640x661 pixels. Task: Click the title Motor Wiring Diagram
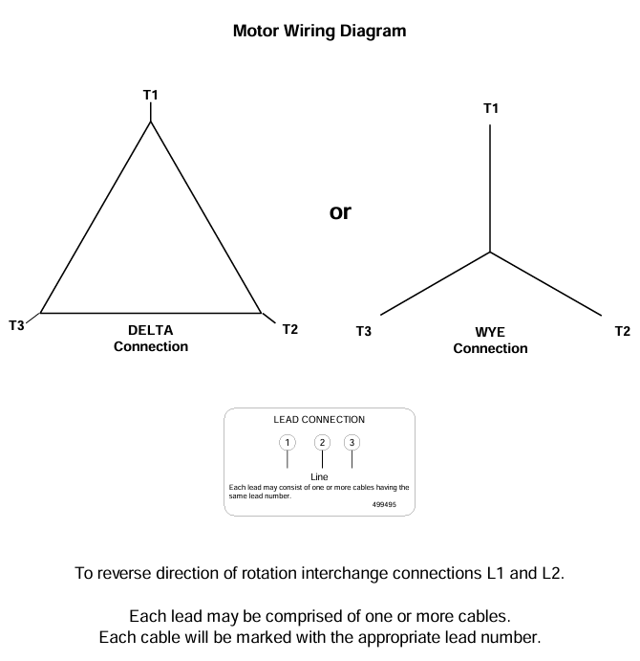pos(319,31)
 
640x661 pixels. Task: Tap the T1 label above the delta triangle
pos(150,95)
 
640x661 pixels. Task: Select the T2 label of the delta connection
pos(290,330)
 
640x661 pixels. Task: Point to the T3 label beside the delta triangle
pos(16,325)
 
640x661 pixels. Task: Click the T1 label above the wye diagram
pos(491,108)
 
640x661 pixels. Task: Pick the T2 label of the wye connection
pos(623,332)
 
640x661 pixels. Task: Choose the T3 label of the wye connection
pos(363,332)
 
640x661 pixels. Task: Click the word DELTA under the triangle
pos(151,330)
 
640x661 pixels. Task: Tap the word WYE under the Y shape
pos(490,332)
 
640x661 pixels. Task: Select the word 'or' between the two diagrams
pos(340,212)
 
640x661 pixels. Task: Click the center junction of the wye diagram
pos(490,253)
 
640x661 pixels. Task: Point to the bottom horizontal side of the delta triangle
pos(151,313)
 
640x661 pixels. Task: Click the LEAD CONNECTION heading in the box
pos(319,419)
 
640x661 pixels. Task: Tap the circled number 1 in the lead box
pos(287,442)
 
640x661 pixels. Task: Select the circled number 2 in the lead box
pos(322,442)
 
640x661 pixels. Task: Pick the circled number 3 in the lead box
pos(352,442)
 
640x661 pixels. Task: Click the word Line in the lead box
pos(319,476)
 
